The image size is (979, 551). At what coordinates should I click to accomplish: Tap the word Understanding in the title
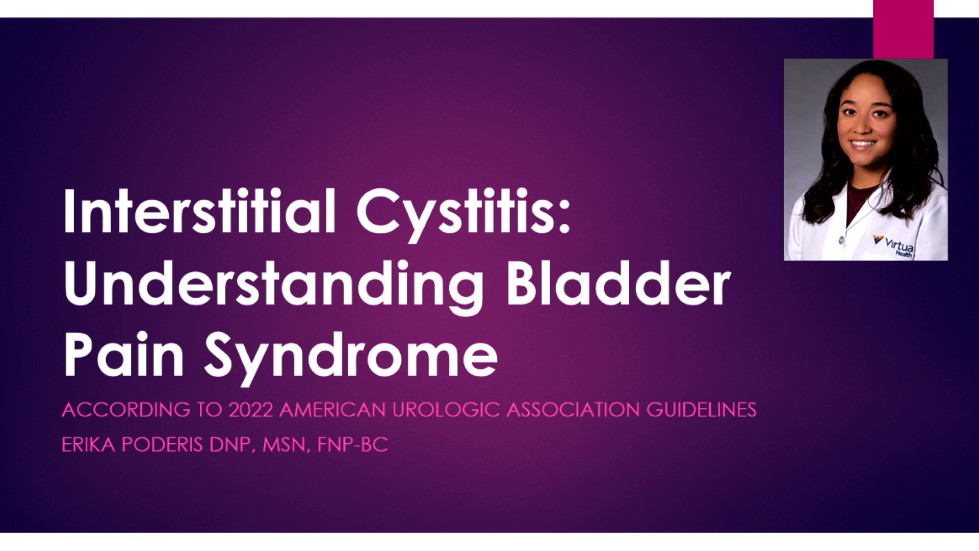click(273, 284)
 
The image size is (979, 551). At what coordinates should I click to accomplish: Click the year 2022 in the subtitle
click(251, 410)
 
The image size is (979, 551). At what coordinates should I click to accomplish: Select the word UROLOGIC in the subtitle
click(446, 410)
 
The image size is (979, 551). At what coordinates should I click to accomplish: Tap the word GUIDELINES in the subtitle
click(702, 410)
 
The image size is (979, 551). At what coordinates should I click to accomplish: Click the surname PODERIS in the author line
click(163, 444)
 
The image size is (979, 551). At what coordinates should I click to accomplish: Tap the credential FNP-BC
click(352, 444)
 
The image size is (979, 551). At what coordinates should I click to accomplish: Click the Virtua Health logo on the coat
click(894, 245)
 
